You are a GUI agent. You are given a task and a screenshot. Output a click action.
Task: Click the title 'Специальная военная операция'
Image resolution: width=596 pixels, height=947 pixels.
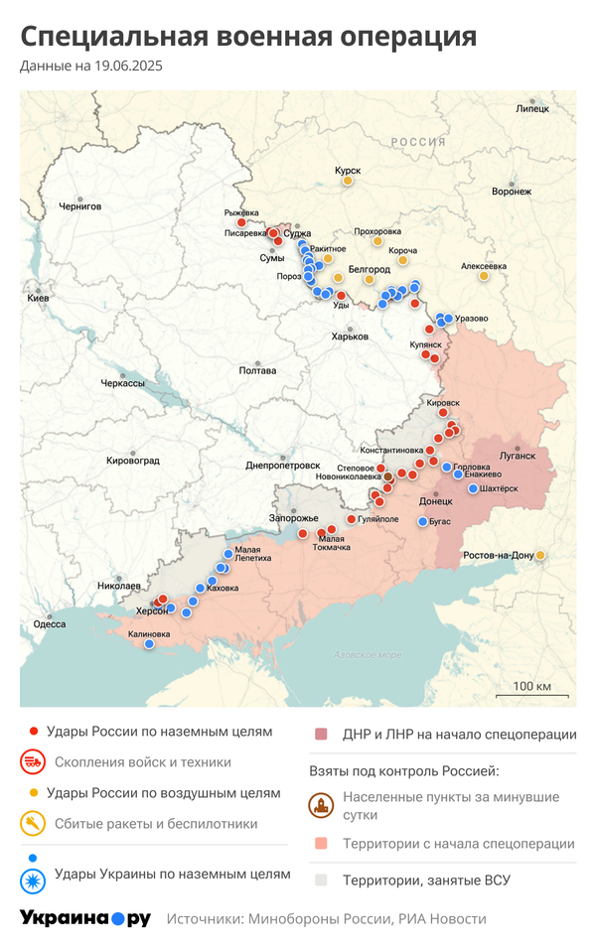pyautogui.click(x=248, y=37)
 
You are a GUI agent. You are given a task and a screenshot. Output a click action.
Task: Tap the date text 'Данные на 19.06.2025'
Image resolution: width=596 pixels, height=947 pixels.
pyautogui.click(x=90, y=67)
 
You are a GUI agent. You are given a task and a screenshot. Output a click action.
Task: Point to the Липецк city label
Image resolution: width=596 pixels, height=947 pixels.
pyautogui.click(x=532, y=108)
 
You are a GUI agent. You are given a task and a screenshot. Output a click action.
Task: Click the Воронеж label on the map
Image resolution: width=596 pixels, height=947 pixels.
pyautogui.click(x=512, y=192)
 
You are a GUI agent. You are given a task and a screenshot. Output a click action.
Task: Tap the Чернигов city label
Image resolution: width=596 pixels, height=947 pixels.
pyautogui.click(x=79, y=206)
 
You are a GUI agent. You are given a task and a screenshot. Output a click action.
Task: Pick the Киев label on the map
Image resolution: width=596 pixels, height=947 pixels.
pyautogui.click(x=38, y=298)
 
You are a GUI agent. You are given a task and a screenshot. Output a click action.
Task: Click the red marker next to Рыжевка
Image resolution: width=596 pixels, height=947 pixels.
pyautogui.click(x=240, y=223)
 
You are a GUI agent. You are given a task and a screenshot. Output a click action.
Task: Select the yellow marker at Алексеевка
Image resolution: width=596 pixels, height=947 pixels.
pyautogui.click(x=484, y=276)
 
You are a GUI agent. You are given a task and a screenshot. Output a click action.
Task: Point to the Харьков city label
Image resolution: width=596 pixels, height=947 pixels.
pyautogui.click(x=350, y=337)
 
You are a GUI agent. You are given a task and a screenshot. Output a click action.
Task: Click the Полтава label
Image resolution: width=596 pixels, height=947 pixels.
pyautogui.click(x=257, y=370)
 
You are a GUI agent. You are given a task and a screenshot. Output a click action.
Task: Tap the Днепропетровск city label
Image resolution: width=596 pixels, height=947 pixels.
pyautogui.click(x=283, y=465)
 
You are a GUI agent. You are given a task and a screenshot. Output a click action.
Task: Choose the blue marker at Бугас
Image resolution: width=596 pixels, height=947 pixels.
pyautogui.click(x=422, y=521)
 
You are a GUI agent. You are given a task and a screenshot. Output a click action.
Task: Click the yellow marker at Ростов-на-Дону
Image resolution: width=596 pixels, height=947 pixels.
pyautogui.click(x=540, y=555)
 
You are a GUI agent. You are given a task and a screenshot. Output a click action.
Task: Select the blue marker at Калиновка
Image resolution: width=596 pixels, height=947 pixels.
pyautogui.click(x=149, y=644)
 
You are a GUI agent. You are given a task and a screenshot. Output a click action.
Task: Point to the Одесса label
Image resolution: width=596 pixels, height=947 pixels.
pyautogui.click(x=49, y=624)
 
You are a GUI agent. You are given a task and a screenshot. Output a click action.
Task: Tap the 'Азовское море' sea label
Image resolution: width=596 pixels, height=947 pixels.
pyautogui.click(x=368, y=655)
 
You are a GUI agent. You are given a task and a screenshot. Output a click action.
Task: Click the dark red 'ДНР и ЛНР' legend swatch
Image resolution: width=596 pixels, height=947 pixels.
pyautogui.click(x=321, y=735)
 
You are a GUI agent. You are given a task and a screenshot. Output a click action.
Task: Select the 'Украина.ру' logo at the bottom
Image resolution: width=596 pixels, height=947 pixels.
pyautogui.click(x=84, y=918)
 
